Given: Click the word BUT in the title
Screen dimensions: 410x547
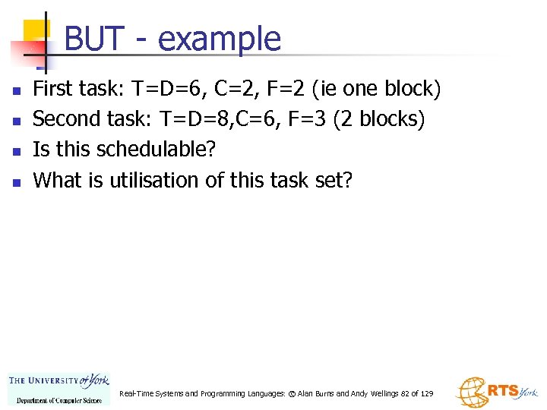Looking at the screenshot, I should point(94,39).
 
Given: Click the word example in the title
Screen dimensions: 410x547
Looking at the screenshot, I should point(220,39).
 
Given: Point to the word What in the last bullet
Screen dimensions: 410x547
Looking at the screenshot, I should point(58,180).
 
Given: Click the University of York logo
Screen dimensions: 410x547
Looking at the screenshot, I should point(58,387).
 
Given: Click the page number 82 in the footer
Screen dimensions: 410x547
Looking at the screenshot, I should point(405,394).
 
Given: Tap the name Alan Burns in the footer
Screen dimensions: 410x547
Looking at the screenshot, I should point(315,394).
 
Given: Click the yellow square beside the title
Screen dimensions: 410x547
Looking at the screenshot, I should point(36,32).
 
